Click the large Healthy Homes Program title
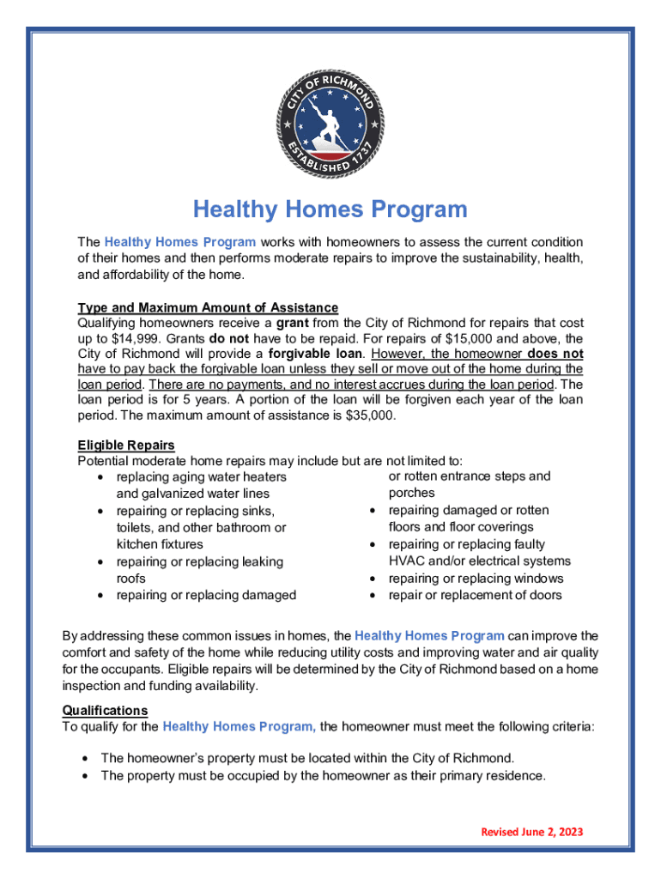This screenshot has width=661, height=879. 330,209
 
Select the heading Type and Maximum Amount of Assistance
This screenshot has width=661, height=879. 208,307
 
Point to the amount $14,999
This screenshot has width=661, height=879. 129,338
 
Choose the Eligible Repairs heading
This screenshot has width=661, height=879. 126,445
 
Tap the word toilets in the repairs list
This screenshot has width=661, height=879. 136,527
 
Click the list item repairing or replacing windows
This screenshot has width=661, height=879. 475,579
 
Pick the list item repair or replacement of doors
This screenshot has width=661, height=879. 475,595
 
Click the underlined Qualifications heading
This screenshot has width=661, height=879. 105,711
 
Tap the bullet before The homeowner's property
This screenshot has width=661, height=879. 85,759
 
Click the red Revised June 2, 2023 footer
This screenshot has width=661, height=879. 531,832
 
